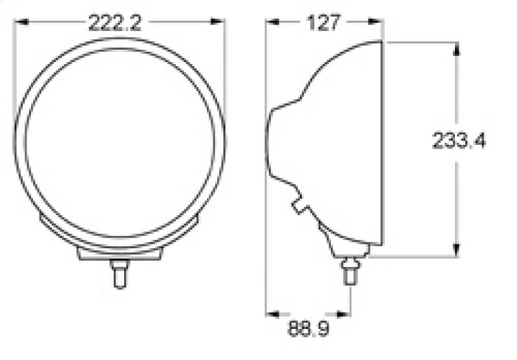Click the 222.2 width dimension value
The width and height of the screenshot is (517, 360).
tap(115, 23)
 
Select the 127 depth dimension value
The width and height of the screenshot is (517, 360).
tap(324, 23)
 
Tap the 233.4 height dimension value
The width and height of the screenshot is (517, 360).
tap(459, 140)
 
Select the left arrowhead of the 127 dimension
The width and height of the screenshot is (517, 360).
tap(272, 23)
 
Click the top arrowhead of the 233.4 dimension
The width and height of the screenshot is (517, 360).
tap(456, 48)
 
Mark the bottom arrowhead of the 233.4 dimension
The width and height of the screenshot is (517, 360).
tap(456, 251)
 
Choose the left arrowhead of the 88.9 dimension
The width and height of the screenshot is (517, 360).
tap(272, 315)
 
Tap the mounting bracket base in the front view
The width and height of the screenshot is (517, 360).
tap(119, 253)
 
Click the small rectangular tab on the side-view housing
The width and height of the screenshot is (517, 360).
tap(301, 206)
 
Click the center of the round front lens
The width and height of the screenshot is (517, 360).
tap(120, 142)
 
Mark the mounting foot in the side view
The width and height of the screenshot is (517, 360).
tap(346, 245)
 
